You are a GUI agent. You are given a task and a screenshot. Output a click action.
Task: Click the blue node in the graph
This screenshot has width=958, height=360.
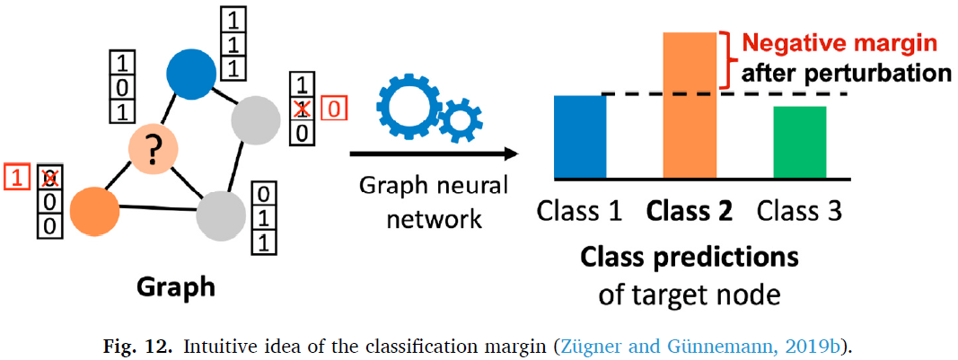pos(191,73)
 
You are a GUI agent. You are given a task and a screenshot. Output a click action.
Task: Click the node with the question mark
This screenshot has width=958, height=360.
pos(154,149)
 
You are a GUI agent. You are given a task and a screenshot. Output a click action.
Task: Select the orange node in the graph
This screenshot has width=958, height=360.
pos(93,210)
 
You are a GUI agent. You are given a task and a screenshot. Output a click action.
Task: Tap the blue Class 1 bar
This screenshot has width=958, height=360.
pos(580,136)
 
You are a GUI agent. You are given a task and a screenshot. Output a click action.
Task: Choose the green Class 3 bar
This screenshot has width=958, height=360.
pos(799,142)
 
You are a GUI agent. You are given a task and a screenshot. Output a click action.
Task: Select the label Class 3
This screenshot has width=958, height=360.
pos(798,212)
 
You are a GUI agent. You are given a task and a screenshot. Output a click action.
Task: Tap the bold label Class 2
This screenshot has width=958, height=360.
pos(689,212)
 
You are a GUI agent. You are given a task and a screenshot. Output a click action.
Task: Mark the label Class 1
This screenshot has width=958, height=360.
pos(579,212)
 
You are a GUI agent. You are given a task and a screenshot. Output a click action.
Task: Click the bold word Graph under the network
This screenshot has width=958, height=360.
pos(176,287)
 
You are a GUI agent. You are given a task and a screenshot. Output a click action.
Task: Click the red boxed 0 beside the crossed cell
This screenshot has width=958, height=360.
pos(333,110)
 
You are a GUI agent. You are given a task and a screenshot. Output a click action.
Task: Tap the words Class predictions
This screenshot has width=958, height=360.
pos(689,257)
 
